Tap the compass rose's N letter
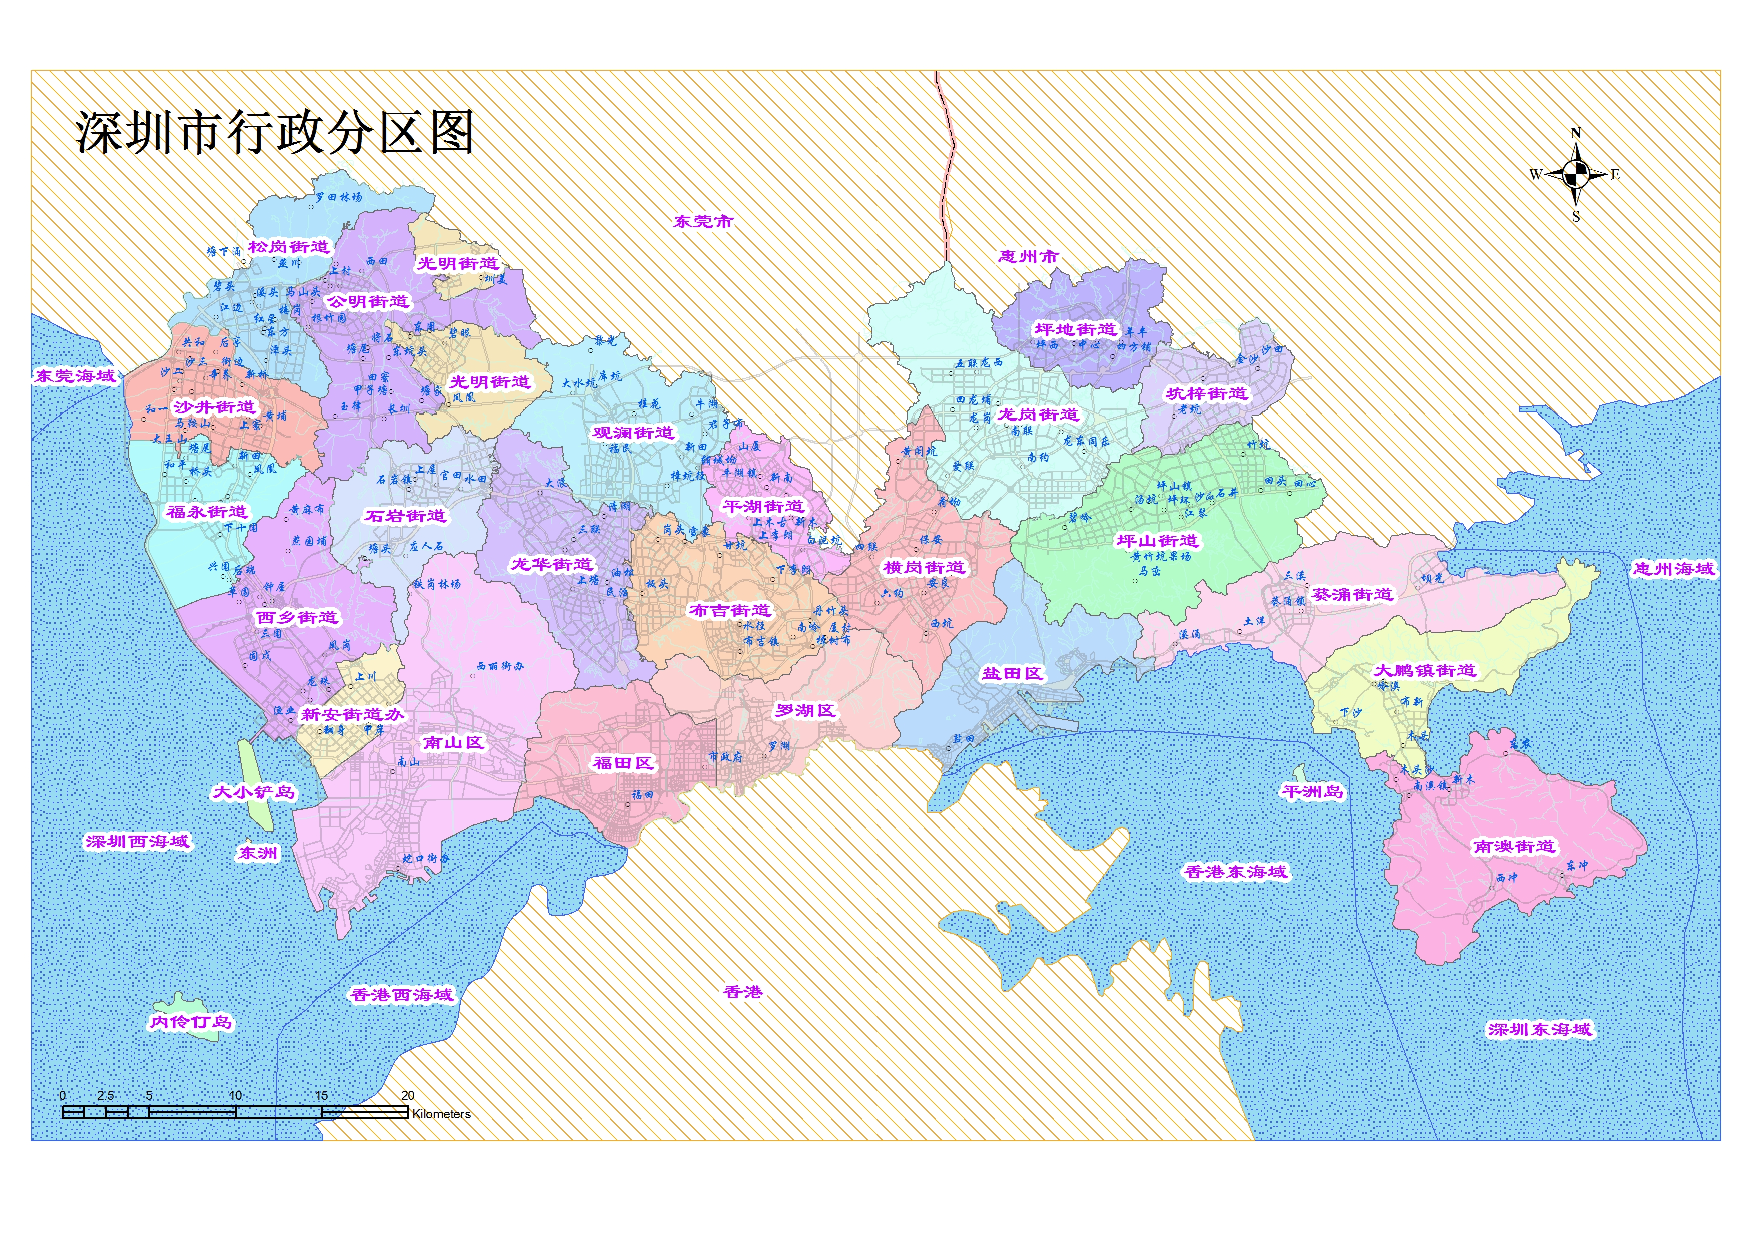[x=1575, y=134]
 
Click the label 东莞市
[x=703, y=222]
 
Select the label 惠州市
[x=1028, y=257]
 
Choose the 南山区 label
[x=454, y=742]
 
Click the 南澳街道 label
[x=1514, y=847]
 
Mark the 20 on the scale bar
[x=407, y=1096]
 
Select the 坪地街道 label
[x=1075, y=329]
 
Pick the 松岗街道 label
[x=289, y=247]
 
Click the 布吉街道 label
[x=730, y=610]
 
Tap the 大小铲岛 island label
[x=253, y=792]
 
